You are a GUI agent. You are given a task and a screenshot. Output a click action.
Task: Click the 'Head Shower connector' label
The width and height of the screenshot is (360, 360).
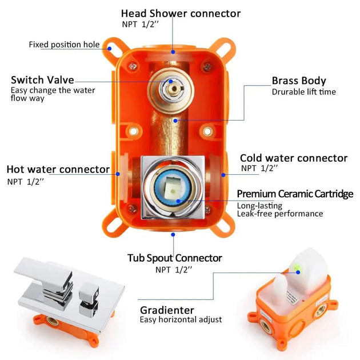click(181, 13)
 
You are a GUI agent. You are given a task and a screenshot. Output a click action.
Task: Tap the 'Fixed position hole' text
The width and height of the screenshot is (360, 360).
click(64, 45)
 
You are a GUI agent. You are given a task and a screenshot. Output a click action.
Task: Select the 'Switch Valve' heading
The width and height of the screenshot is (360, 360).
click(42, 81)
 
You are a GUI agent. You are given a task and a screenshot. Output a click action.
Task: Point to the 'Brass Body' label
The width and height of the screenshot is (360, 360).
click(299, 81)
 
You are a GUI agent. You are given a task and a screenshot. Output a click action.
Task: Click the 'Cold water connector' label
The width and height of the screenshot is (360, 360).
click(293, 158)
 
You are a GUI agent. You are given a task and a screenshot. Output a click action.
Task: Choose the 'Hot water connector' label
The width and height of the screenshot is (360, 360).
click(58, 169)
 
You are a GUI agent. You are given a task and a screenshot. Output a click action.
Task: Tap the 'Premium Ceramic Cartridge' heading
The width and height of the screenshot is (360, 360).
click(295, 194)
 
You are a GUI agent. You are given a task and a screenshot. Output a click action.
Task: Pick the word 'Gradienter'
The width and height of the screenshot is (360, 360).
click(167, 310)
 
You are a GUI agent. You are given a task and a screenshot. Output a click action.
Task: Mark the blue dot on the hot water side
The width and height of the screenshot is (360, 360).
click(118, 173)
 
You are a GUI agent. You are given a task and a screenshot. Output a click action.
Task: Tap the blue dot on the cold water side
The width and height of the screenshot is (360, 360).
click(225, 173)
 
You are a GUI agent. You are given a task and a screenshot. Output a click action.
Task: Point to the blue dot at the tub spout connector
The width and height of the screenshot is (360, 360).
click(173, 233)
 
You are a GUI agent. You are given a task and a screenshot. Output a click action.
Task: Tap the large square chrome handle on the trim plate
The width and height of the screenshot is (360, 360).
click(42, 277)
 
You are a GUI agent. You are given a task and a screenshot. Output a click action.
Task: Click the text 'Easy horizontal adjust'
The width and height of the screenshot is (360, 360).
click(181, 320)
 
